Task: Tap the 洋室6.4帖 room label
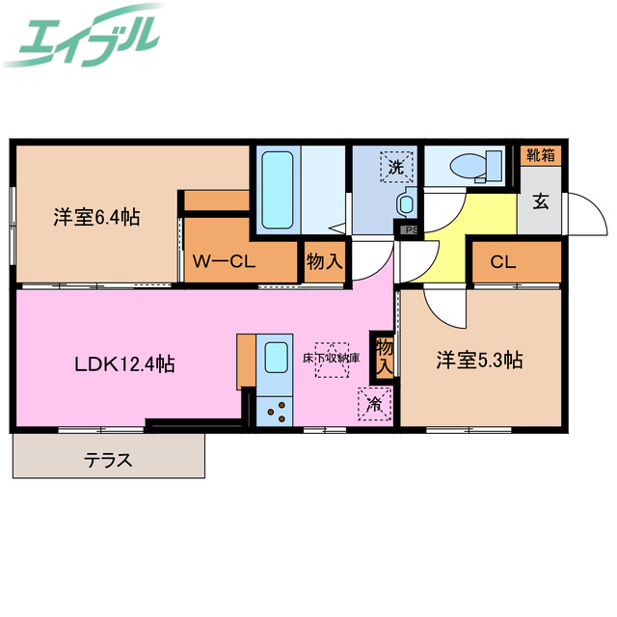tap(96, 218)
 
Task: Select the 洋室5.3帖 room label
tap(479, 361)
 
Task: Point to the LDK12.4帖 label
tap(125, 364)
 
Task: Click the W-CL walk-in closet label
tap(223, 261)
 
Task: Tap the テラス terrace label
tap(107, 460)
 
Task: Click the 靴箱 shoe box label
tap(540, 154)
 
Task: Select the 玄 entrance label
tap(541, 202)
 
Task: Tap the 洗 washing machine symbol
tap(396, 167)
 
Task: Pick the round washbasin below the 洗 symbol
tap(406, 204)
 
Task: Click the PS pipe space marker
tap(410, 230)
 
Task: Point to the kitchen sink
tap(275, 359)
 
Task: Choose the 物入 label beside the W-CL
tap(324, 261)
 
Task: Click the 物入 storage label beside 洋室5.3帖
tap(385, 356)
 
